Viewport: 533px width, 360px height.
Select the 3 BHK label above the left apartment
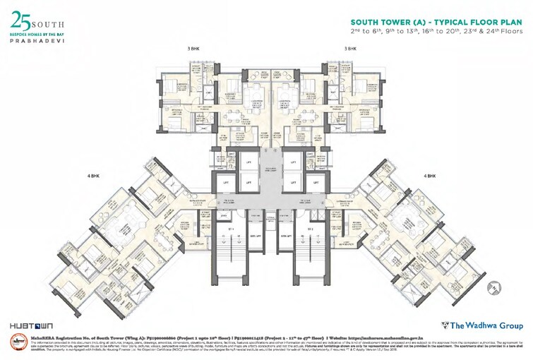click(193, 49)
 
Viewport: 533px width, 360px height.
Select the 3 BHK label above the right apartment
click(351, 49)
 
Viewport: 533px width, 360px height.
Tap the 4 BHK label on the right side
click(429, 175)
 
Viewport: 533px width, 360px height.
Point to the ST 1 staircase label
click(232, 229)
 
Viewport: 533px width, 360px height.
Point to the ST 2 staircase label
click(311, 229)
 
